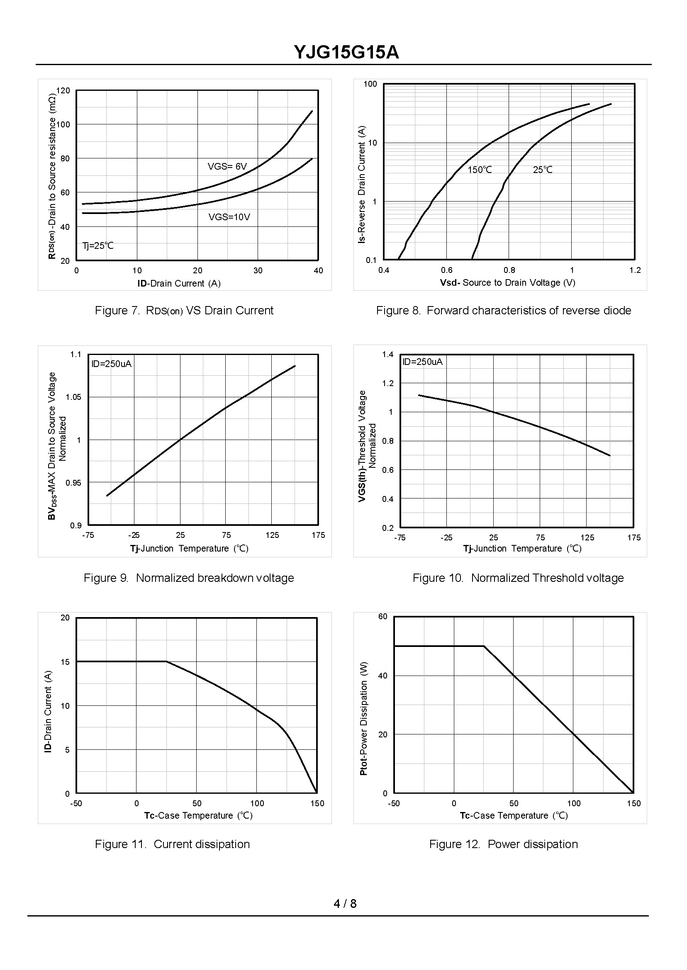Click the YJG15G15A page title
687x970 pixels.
(346, 53)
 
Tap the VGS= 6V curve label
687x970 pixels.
(227, 167)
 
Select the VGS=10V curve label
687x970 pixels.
(229, 217)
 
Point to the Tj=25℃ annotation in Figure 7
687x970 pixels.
(98, 246)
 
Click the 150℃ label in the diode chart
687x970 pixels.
(480, 170)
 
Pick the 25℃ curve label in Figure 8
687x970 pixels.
(543, 170)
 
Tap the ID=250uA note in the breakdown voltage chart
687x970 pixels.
(112, 364)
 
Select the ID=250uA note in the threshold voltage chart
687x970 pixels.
(423, 362)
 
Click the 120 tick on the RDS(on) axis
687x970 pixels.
(63, 90)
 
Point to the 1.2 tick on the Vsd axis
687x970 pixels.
(635, 271)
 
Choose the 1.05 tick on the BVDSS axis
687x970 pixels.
(73, 397)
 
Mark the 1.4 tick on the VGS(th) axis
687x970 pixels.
(388, 354)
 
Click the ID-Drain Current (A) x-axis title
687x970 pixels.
(179, 284)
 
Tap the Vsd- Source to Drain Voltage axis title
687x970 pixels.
(508, 283)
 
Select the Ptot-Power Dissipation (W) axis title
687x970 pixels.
(363, 718)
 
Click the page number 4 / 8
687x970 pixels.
(345, 904)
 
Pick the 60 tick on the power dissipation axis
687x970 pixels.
(383, 617)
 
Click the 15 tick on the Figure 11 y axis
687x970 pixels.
(65, 662)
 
